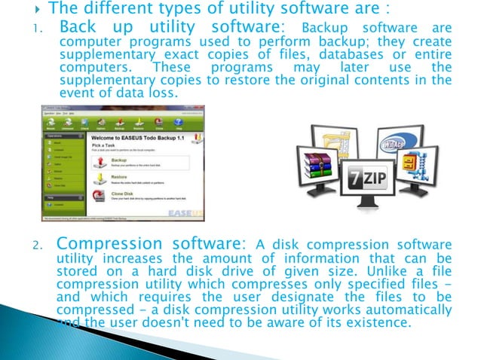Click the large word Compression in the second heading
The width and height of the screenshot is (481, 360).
point(111,244)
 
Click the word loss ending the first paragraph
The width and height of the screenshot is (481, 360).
point(164,93)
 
